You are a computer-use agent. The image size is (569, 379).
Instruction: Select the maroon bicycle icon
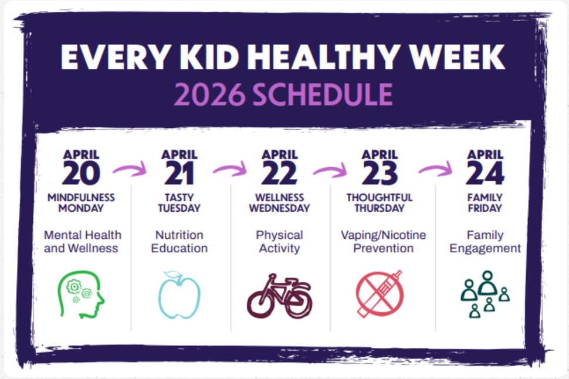pyautogui.click(x=280, y=296)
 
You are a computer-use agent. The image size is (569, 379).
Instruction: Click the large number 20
pyautogui.click(x=81, y=173)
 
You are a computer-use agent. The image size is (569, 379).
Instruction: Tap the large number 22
pyautogui.click(x=280, y=173)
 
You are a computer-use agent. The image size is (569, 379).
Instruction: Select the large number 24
pyautogui.click(x=485, y=173)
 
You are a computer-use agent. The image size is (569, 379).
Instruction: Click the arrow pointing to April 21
pyautogui.click(x=129, y=171)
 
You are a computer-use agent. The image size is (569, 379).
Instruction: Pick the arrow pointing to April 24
pyautogui.click(x=435, y=171)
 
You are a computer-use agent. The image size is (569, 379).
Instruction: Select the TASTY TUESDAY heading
pyautogui.click(x=179, y=203)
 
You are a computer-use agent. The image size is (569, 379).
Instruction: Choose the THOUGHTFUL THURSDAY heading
pyautogui.click(x=380, y=203)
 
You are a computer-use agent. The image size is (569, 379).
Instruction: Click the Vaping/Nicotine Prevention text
pyautogui.click(x=384, y=242)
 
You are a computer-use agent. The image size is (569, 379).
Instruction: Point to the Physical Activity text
pyautogui.click(x=279, y=242)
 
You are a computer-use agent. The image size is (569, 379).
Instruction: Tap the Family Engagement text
pyautogui.click(x=485, y=242)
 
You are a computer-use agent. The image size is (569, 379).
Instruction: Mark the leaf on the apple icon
pyautogui.click(x=172, y=275)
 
